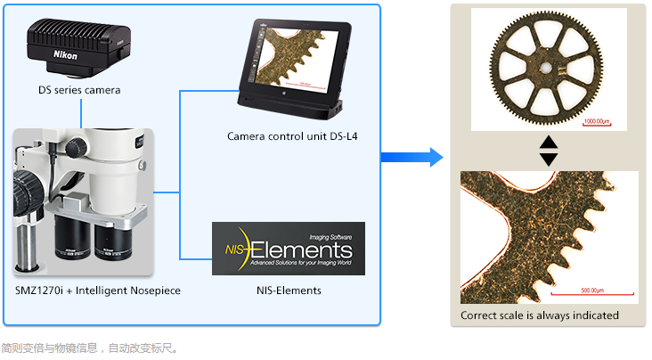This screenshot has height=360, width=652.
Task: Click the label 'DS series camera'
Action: [79, 90]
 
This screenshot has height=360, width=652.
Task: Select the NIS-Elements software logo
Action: [288, 249]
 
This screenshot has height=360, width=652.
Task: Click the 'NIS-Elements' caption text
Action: [289, 290]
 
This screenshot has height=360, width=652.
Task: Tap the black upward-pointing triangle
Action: [549, 142]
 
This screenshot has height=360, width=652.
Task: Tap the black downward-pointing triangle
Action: [549, 159]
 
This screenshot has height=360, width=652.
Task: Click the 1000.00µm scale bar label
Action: [596, 120]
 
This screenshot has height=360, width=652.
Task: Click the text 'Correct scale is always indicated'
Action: [539, 315]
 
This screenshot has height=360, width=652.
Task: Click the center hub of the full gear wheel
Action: [547, 65]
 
